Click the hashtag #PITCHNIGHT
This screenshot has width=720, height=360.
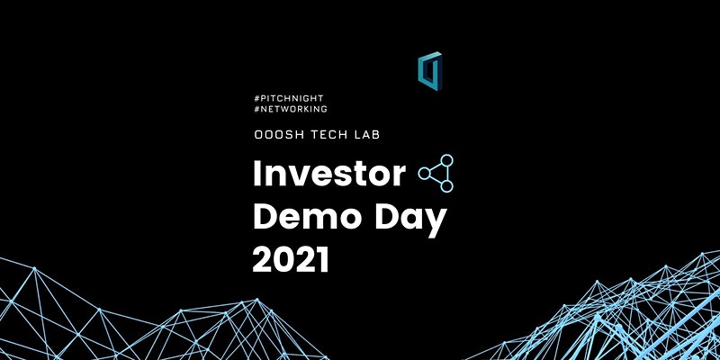[x=288, y=98]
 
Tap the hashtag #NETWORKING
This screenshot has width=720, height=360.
[x=290, y=109]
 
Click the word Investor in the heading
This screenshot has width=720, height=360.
[x=329, y=174]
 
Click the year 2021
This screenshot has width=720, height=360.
[x=291, y=259]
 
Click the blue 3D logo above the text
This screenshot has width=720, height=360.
[x=430, y=71]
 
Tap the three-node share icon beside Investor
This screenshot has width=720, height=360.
[x=436, y=173]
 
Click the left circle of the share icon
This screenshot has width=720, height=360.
[x=424, y=173]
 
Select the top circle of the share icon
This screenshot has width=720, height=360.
[x=446, y=160]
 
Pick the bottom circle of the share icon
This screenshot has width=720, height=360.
[x=446, y=186]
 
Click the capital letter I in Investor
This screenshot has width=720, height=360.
[x=256, y=174]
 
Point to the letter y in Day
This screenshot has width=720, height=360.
[x=436, y=224]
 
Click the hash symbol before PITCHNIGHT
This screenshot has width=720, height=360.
[x=256, y=98]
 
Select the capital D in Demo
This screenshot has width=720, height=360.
[x=265, y=217]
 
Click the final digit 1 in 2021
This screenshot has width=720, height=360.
[x=323, y=259]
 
